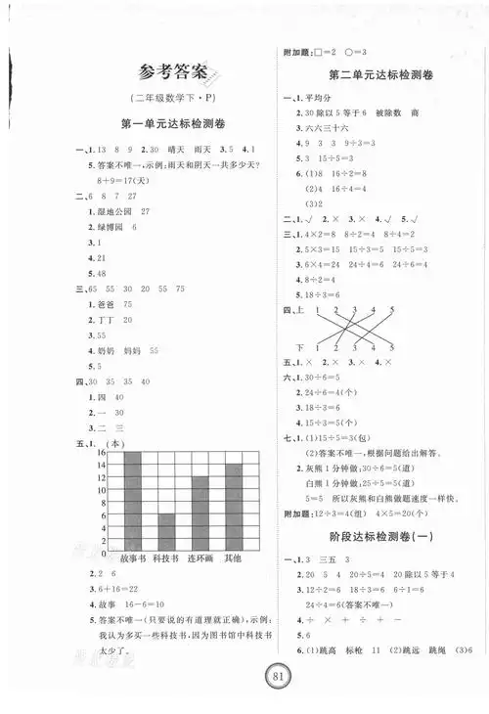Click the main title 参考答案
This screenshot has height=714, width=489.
pos(174,70)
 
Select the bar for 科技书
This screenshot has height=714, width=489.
pos(166,531)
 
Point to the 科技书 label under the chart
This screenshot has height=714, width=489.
pos(167,558)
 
